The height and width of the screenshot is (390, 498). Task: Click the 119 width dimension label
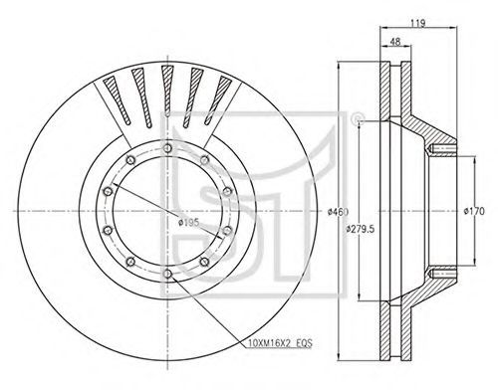[417, 23]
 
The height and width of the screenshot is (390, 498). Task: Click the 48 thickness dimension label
[395, 42]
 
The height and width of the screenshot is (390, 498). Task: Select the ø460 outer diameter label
[338, 211]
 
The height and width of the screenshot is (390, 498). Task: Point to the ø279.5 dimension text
[361, 229]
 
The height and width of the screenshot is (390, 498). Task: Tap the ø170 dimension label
[474, 211]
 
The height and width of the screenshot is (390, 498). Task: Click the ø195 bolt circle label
[188, 223]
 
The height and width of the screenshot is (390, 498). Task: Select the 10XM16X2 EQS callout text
[280, 343]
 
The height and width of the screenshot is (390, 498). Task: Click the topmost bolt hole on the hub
[168, 148]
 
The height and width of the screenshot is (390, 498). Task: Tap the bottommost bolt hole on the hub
[168, 274]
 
